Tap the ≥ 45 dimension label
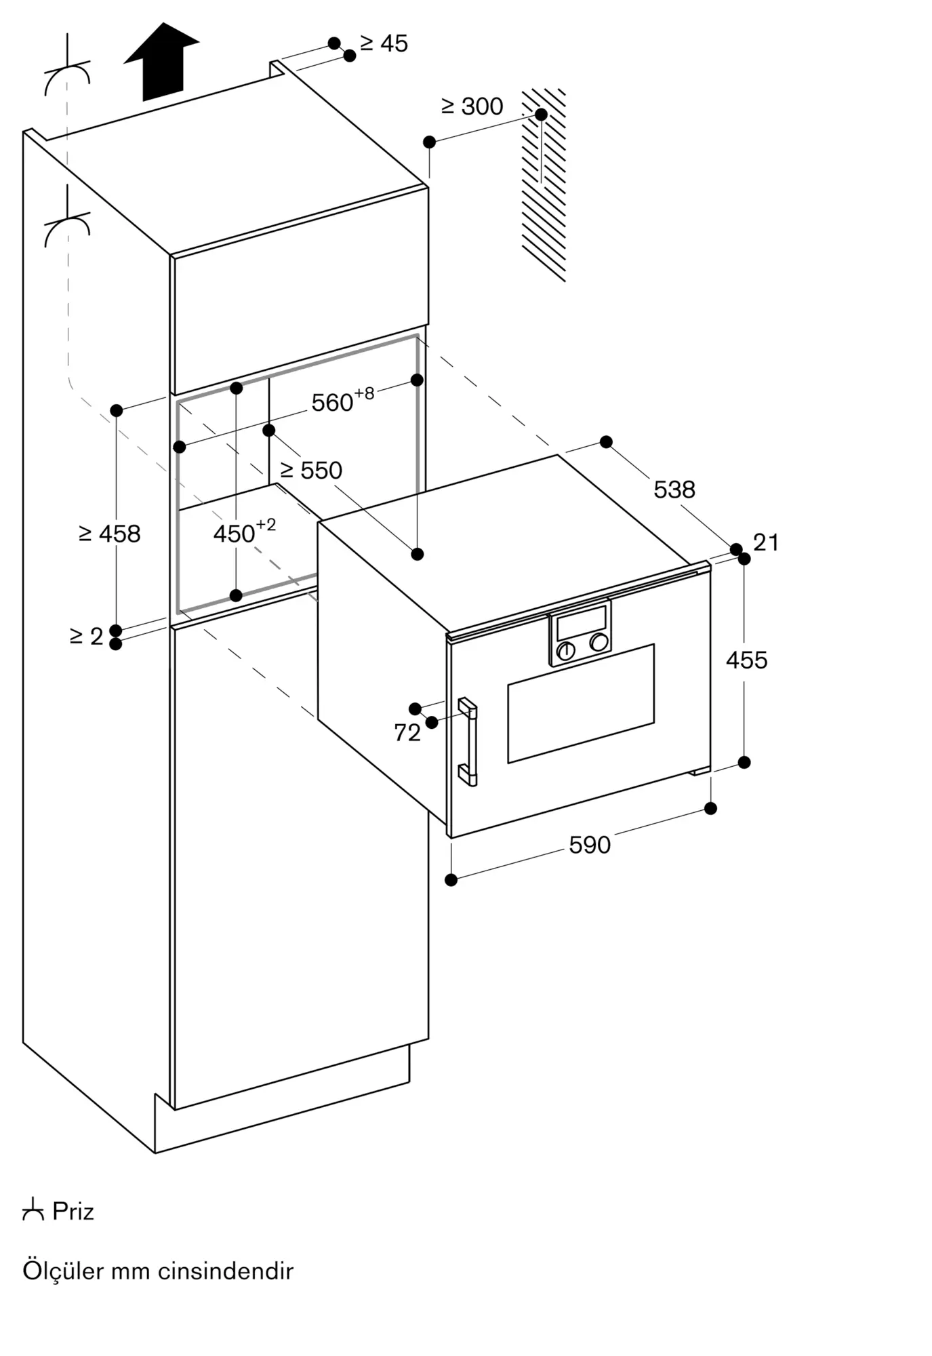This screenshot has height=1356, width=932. pos(384,43)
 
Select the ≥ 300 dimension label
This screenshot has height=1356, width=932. pos(472,106)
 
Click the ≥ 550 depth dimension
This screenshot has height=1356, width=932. pos(311,470)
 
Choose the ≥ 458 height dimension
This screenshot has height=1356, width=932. pos(110,534)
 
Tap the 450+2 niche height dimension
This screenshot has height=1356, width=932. pos(245,531)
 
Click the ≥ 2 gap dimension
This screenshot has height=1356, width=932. pos(87,636)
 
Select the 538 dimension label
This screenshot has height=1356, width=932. pos(674,489)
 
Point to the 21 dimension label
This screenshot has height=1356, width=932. pos(766,542)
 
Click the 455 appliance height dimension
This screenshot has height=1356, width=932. pos(747,660)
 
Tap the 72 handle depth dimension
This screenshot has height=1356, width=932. pos(407,732)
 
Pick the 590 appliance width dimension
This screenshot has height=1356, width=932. pos(590,845)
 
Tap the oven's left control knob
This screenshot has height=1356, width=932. pos(566,651)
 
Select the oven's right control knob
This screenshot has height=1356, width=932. pos(599,642)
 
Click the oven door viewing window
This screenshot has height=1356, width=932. pos(581,703)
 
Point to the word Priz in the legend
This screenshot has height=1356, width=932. pos(73,1212)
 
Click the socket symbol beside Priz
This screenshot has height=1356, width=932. pos(33,1210)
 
